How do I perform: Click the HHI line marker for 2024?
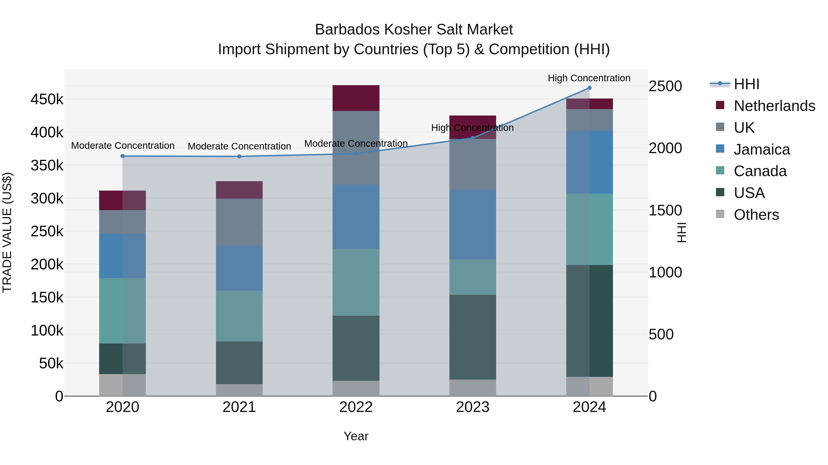pos(589,88)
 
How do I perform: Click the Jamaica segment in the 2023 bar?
pos(472,225)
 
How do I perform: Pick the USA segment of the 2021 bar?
pos(239,363)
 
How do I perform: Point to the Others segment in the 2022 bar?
pos(356,388)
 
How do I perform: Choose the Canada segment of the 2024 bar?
pos(589,229)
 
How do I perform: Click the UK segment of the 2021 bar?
pos(239,222)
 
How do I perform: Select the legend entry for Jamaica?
pos(762,149)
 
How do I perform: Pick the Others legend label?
pos(756,215)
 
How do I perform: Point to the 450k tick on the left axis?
pos(47,99)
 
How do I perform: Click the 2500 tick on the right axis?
pos(665,86)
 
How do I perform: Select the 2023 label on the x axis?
pos(472,407)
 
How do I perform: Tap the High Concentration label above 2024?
pos(589,78)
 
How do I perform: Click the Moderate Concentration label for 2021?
pos(239,146)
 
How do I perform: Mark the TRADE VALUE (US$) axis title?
pos(7,232)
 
